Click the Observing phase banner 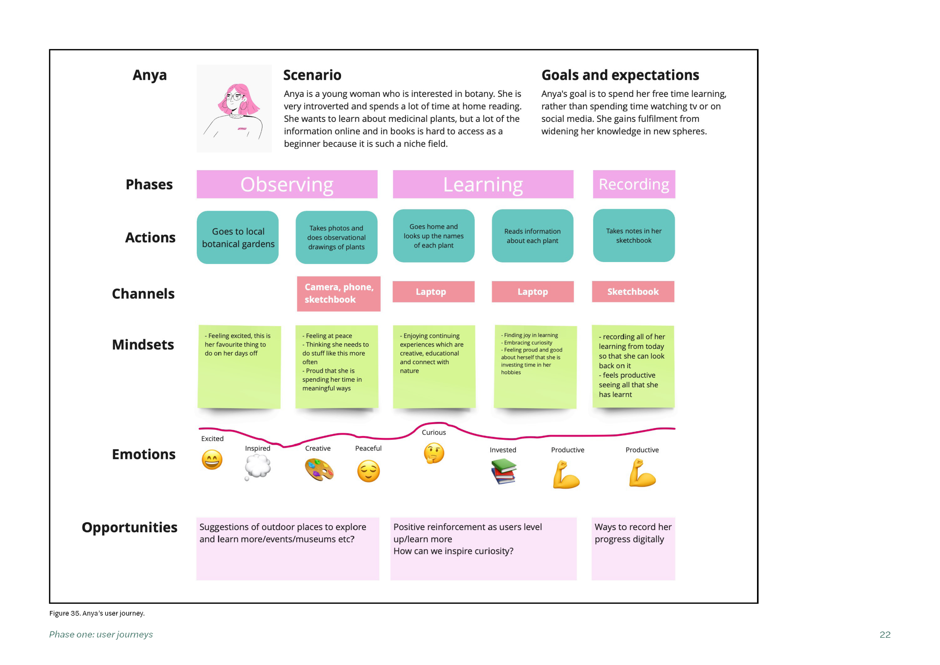tap(287, 184)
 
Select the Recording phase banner tap(634, 184)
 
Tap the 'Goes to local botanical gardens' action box tap(237, 237)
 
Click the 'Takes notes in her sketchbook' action tap(634, 236)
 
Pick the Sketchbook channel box tap(633, 291)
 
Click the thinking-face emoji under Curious tap(434, 453)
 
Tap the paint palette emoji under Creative tap(319, 470)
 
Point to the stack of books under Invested tap(504, 471)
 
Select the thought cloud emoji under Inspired tap(258, 467)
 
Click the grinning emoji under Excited tap(212, 460)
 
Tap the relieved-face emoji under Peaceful tap(369, 471)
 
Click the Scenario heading tap(312, 75)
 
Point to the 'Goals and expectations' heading tap(620, 75)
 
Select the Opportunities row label tap(129, 527)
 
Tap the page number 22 tap(885, 635)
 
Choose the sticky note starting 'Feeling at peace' tap(337, 366)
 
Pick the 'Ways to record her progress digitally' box tap(633, 549)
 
